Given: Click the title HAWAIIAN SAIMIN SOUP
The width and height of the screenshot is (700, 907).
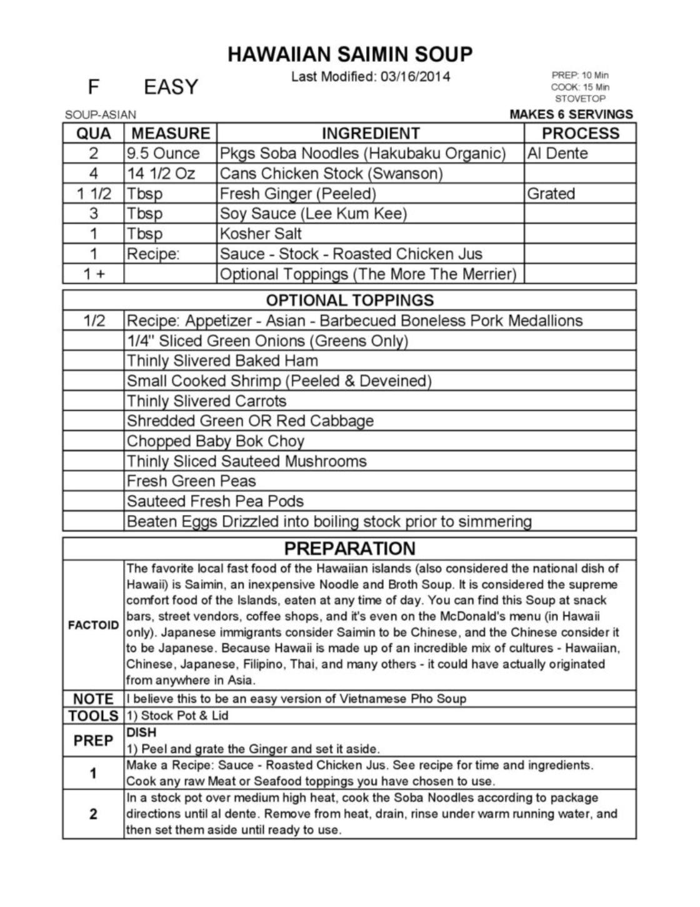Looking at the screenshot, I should click(x=350, y=54).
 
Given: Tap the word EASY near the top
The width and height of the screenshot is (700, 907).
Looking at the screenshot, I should click(x=171, y=87).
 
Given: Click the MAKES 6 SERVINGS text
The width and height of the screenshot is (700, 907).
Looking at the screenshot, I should click(x=571, y=114).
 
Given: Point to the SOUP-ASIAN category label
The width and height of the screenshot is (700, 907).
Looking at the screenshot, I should click(x=100, y=115).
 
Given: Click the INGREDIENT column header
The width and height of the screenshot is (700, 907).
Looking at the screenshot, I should click(x=371, y=133).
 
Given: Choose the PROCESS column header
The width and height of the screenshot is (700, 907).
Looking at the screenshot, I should click(x=580, y=133).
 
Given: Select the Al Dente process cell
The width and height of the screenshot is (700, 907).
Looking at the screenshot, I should click(x=557, y=153).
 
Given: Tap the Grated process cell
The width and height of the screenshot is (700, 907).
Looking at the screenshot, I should click(x=551, y=193).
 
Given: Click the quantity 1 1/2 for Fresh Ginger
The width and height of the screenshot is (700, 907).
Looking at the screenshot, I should click(x=94, y=194).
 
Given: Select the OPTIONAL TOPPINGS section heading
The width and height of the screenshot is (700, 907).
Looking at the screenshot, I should click(x=350, y=300).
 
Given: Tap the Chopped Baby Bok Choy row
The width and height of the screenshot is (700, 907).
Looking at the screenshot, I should click(x=216, y=441).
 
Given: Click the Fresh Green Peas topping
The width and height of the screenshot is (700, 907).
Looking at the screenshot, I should click(x=191, y=481).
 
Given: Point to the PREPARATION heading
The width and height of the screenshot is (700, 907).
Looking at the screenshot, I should click(x=350, y=548).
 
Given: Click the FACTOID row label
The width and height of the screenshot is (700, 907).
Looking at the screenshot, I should click(x=93, y=625).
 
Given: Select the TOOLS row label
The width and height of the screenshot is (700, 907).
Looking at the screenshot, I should click(x=93, y=716).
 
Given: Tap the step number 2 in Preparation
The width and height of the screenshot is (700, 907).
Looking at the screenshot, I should click(x=93, y=814).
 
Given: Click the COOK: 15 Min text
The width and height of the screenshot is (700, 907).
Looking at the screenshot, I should click(x=580, y=87).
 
